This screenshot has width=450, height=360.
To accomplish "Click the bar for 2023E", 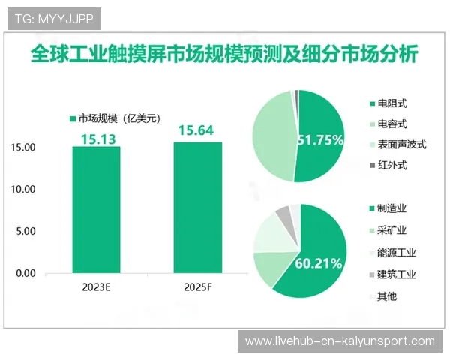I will pos(96,210).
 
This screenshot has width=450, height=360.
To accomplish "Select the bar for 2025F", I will pos(197,208).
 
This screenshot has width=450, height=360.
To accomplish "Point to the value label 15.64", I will pos(196,131).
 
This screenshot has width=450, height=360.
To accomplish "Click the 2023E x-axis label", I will pos(96,288).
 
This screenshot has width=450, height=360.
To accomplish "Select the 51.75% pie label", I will pos(320,139).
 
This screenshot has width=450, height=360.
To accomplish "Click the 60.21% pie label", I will pos(319,262).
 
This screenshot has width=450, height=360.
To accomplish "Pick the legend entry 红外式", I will pos(392,166).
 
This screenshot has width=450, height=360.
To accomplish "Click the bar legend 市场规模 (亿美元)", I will pos(116,117).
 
